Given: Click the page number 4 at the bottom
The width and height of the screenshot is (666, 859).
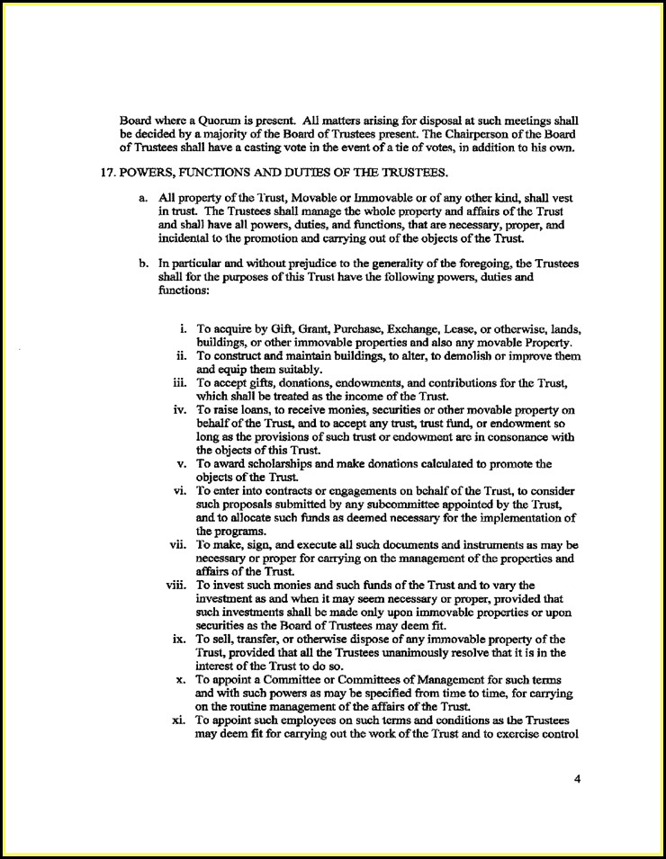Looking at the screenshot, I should click(577, 780).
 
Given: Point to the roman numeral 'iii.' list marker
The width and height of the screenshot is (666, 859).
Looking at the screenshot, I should click(180, 382).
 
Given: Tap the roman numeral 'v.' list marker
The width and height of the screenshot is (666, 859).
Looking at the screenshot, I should click(183, 464).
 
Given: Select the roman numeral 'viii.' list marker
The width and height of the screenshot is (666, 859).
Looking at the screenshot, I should click(176, 586).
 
